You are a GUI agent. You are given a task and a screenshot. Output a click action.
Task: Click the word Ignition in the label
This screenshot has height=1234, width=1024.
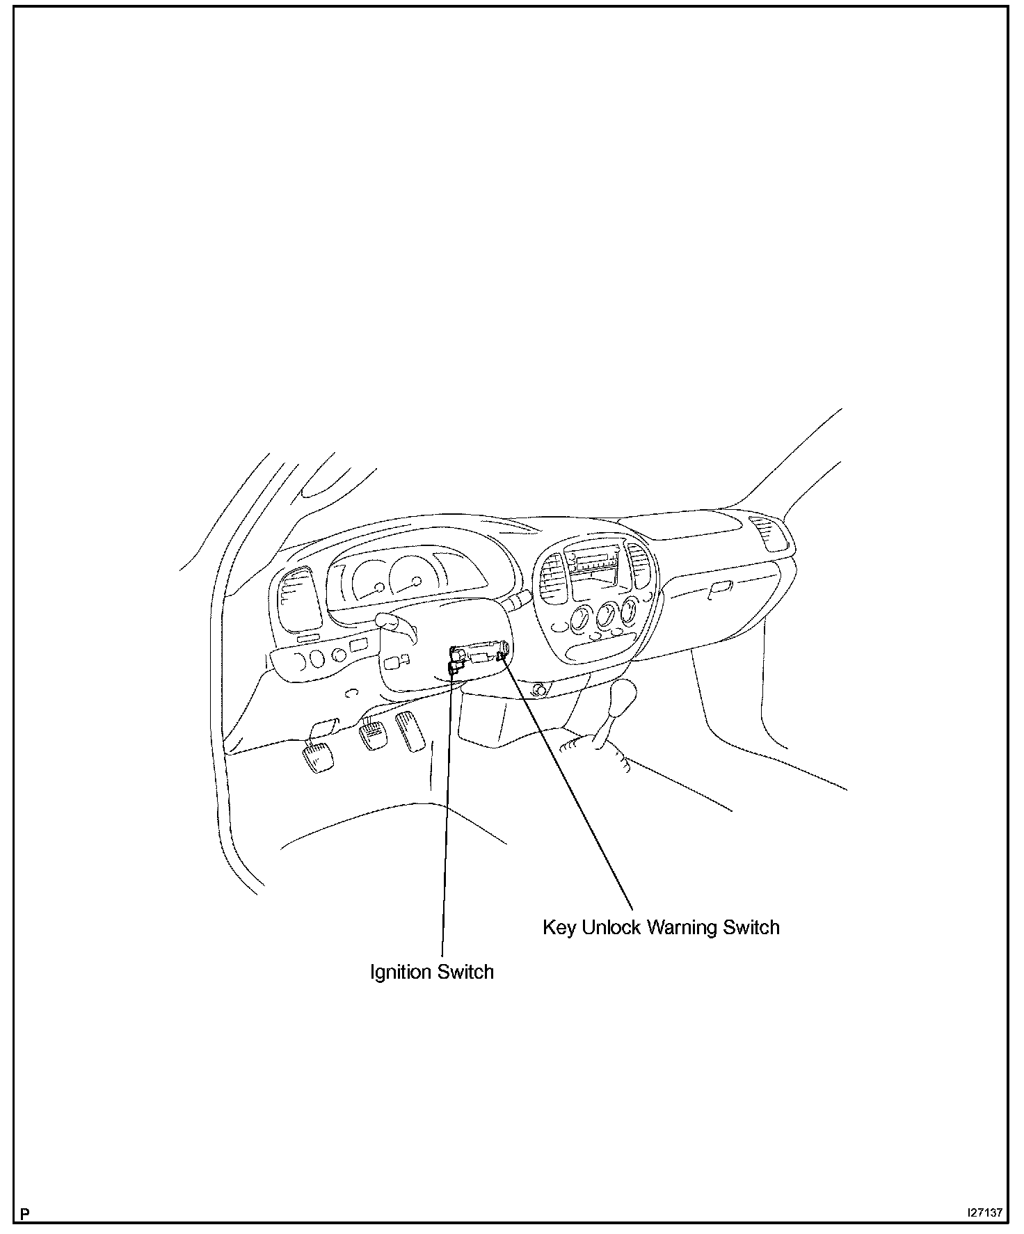pos(399,972)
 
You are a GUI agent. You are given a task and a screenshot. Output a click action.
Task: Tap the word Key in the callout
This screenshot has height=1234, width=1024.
pos(559,928)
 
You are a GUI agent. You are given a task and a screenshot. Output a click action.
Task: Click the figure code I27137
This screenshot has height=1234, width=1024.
pos(984,1212)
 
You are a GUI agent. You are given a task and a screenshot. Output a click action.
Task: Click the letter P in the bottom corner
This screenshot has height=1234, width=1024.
pos(25,1214)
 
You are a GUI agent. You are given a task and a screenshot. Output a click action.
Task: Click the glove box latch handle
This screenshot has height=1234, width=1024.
pos(720,589)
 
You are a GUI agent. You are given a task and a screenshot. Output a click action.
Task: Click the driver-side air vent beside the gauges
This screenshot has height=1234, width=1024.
pos(298,599)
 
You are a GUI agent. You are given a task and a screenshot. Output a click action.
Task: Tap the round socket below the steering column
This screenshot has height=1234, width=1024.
pos(537,691)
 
